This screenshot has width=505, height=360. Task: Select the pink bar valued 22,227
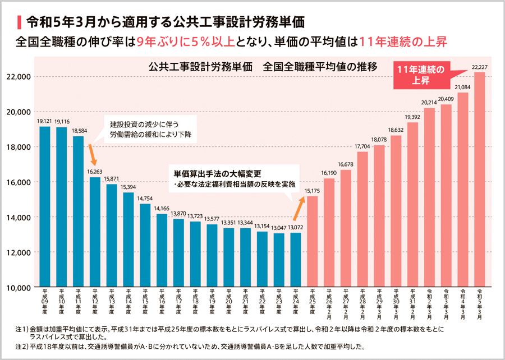tap(479, 179)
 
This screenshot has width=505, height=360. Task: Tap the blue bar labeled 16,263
tap(95, 232)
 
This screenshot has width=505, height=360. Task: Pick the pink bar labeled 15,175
tap(312, 242)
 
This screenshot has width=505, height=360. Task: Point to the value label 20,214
tap(429, 103)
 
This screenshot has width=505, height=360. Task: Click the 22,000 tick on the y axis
tap(19, 77)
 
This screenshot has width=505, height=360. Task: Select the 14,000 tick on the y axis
tap(19, 217)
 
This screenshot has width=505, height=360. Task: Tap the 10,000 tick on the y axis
tap(19, 287)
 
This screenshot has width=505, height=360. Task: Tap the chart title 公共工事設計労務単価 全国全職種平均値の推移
tap(262, 66)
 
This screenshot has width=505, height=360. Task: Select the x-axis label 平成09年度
tap(45, 303)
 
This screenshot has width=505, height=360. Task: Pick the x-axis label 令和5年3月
tap(479, 303)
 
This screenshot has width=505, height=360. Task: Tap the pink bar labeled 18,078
tap(379, 216)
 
